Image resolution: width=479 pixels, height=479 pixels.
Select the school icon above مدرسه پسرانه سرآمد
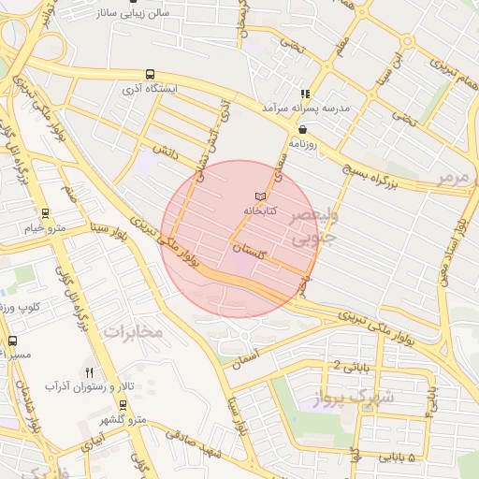pyautogui.click(x=305, y=94)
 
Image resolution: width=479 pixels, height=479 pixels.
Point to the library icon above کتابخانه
pyautogui.click(x=260, y=196)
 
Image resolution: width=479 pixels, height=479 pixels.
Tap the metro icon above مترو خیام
pyautogui.click(x=45, y=213)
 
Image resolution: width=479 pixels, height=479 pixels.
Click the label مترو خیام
pyautogui.click(x=45, y=228)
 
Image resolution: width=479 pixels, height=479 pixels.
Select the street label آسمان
pyautogui.click(x=268, y=353)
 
